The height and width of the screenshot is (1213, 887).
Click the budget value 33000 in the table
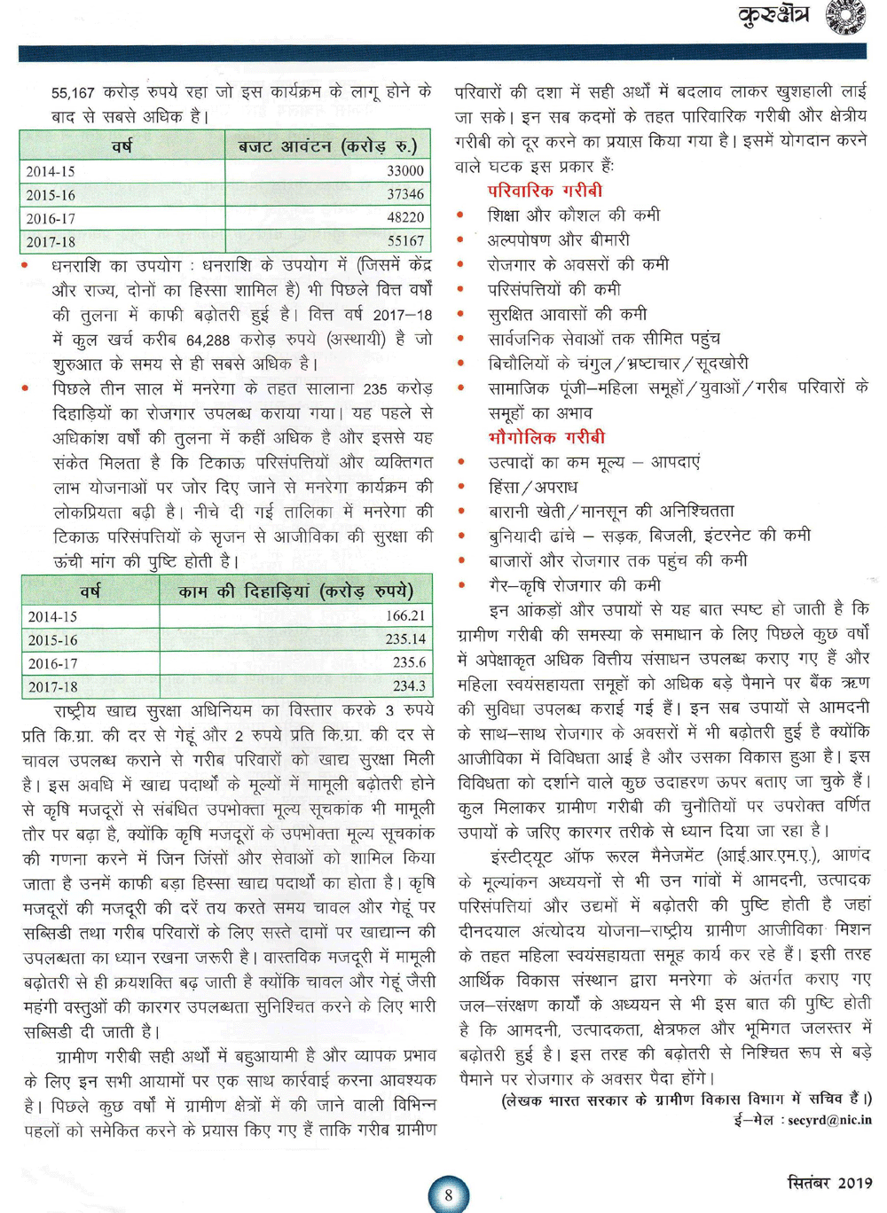click(404, 170)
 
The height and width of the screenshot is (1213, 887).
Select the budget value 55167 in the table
click(404, 241)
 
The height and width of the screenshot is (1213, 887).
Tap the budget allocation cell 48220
click(404, 217)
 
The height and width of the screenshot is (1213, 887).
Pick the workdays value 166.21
click(404, 615)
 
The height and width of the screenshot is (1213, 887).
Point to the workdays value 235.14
click(404, 639)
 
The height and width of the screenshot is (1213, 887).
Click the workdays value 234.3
click(408, 686)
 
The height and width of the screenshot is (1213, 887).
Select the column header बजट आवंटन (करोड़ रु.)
click(327, 146)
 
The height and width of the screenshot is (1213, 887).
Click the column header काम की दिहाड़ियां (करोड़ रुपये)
click(295, 591)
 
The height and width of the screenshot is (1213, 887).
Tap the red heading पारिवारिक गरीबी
click(545, 191)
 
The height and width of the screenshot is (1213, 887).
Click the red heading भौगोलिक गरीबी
click(546, 437)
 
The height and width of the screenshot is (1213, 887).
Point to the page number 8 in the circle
click(449, 1194)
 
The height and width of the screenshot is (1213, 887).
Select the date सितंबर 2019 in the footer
click(829, 1183)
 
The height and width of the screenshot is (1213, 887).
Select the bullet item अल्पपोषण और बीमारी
click(559, 240)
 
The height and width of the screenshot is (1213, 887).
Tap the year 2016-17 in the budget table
click(51, 218)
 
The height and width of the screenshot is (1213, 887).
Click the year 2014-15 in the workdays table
click(52, 616)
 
